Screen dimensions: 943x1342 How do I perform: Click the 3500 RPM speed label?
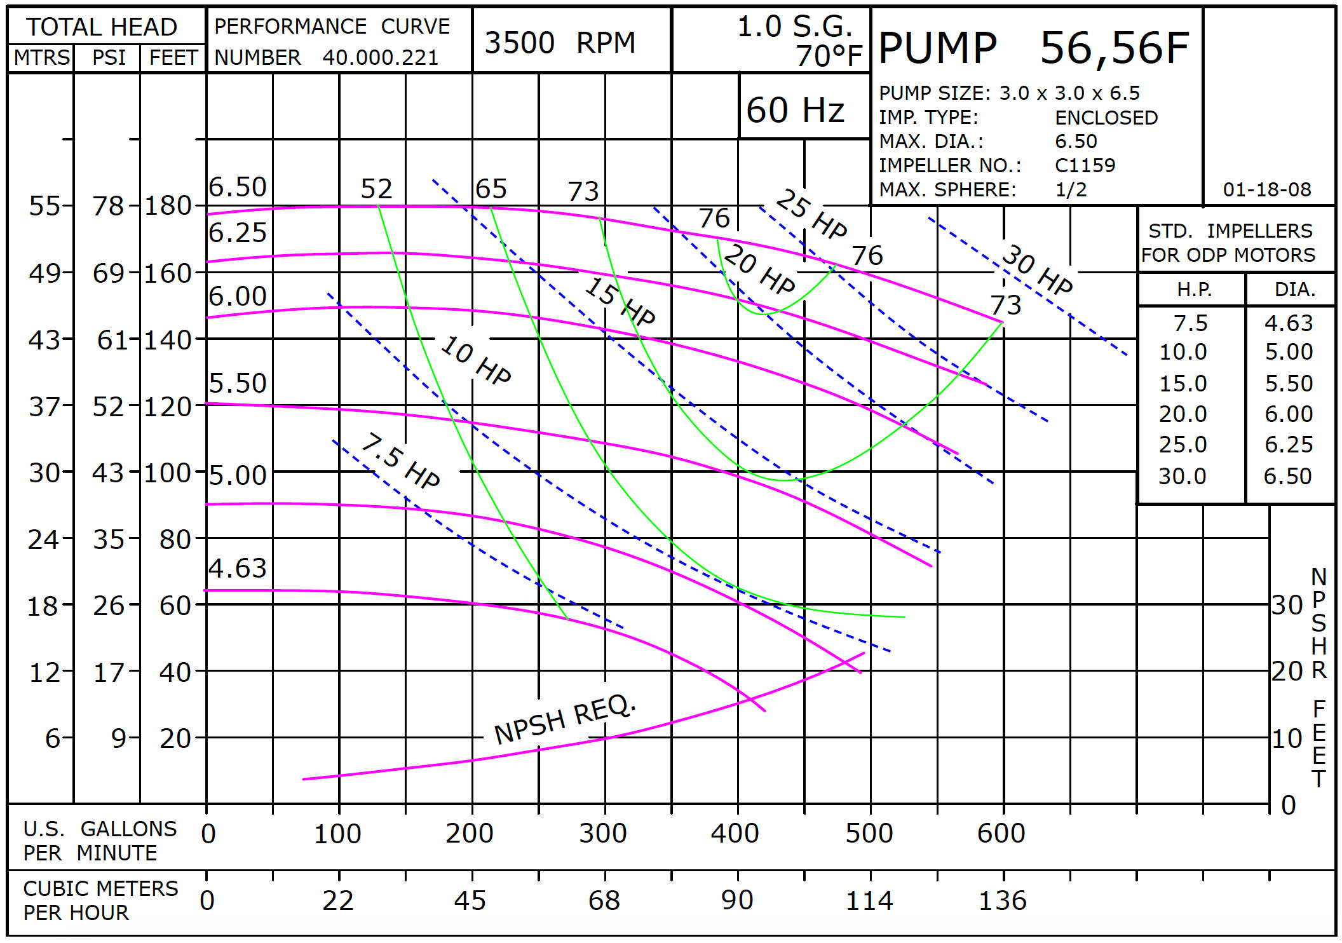point(559,43)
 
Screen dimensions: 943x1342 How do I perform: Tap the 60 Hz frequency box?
point(795,110)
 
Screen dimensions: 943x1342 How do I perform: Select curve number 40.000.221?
point(380,58)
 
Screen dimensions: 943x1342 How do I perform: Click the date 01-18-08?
point(1266,189)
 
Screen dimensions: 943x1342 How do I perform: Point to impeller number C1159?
point(1085,165)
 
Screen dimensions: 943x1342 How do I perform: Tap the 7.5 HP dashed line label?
point(400,461)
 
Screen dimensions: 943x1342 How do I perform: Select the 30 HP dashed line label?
point(1037,269)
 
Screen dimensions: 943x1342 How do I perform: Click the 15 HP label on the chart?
point(620,301)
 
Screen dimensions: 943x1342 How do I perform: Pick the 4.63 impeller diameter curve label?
point(238,568)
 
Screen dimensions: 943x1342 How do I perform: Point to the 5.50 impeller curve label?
point(238,383)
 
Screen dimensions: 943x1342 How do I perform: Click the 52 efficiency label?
point(376,189)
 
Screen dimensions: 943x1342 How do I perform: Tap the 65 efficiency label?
point(491,189)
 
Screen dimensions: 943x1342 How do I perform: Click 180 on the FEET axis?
point(168,206)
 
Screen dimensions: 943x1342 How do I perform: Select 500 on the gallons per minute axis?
point(869,833)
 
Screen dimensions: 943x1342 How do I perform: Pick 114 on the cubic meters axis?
point(869,900)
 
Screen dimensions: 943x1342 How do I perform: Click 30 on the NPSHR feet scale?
point(1287,605)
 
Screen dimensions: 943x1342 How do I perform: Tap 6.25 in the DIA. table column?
point(1288,444)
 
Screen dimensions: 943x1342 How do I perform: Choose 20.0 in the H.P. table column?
point(1183,414)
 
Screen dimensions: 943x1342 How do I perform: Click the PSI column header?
point(109,58)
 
